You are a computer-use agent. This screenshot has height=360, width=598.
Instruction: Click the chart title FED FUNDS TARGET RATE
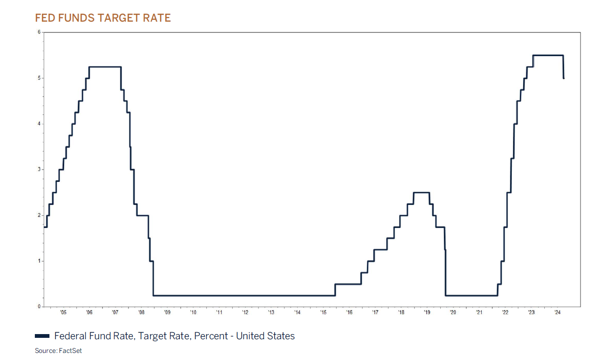103,18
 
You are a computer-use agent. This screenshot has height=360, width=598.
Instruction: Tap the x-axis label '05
63,312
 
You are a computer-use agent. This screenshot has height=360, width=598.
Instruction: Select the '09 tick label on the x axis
167,312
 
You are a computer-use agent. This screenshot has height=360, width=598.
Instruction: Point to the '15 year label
323,312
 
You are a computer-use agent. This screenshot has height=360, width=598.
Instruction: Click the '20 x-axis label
453,312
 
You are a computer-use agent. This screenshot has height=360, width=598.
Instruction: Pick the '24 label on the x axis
557,312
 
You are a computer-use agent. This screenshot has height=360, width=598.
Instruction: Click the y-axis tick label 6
40,32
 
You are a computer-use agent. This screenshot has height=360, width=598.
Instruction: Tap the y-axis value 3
40,169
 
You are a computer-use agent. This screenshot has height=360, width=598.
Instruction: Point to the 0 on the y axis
40,306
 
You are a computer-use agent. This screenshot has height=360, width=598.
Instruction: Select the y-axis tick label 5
40,78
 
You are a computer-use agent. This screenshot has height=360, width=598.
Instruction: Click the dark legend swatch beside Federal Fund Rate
42,336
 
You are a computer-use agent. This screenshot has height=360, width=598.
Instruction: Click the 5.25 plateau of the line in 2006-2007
105,67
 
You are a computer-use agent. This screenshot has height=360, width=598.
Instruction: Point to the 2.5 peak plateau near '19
421,192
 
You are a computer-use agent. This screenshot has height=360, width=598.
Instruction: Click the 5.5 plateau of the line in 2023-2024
548,55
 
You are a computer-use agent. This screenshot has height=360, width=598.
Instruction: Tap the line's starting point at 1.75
45,227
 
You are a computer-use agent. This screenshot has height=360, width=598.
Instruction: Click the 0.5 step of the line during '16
348,284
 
